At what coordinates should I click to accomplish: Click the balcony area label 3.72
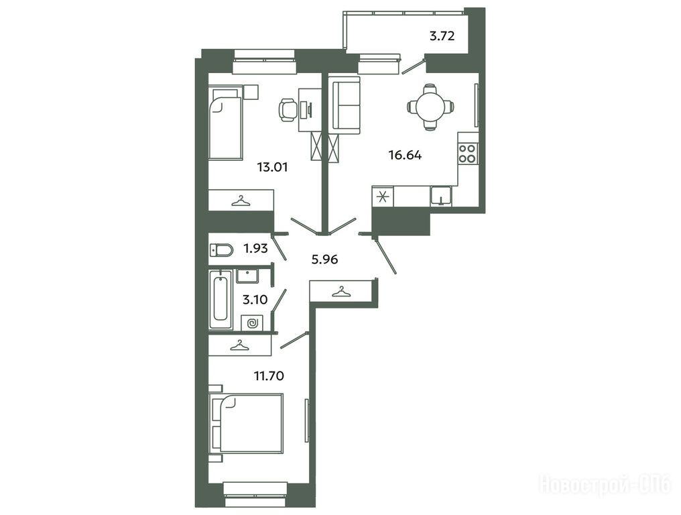click(x=442, y=36)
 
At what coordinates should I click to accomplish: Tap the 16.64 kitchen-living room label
click(x=405, y=155)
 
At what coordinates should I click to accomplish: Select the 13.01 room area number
click(x=272, y=167)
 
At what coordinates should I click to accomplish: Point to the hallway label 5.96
click(x=325, y=260)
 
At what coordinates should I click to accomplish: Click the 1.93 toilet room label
click(x=255, y=249)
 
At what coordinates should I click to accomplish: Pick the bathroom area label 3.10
click(x=255, y=300)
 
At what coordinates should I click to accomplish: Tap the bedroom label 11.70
click(x=269, y=376)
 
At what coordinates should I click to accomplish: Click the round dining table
click(x=430, y=106)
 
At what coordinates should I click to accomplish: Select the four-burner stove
click(x=467, y=154)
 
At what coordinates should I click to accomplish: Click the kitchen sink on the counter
click(x=441, y=196)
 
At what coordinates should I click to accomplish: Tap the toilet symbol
click(x=221, y=250)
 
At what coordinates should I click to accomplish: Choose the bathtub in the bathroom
click(x=221, y=300)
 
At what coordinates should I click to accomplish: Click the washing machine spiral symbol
click(x=252, y=323)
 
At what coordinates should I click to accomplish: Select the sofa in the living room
click(x=346, y=105)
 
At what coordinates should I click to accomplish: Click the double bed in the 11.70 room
click(x=246, y=423)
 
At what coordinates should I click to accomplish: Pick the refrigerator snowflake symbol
click(x=383, y=197)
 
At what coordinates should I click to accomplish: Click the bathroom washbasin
click(x=247, y=276)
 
